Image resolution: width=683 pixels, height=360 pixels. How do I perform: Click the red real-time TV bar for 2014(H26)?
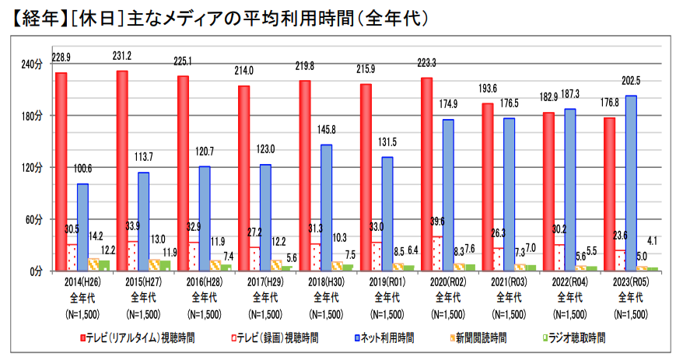coord(61,171)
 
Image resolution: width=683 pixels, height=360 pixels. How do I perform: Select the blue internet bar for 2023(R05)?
coord(631,183)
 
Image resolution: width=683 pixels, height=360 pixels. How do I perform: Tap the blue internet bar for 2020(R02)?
coord(448,194)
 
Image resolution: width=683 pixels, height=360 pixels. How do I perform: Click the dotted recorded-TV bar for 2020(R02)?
coord(437,253)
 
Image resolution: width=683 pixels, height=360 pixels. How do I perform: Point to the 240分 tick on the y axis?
coord(32,64)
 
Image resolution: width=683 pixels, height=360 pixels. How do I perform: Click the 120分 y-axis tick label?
coord(32,167)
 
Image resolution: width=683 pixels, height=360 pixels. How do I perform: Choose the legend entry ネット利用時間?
coord(386,338)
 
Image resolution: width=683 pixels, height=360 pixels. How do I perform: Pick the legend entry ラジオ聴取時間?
coord(575,338)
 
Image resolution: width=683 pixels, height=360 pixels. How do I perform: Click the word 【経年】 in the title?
coord(35,16)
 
